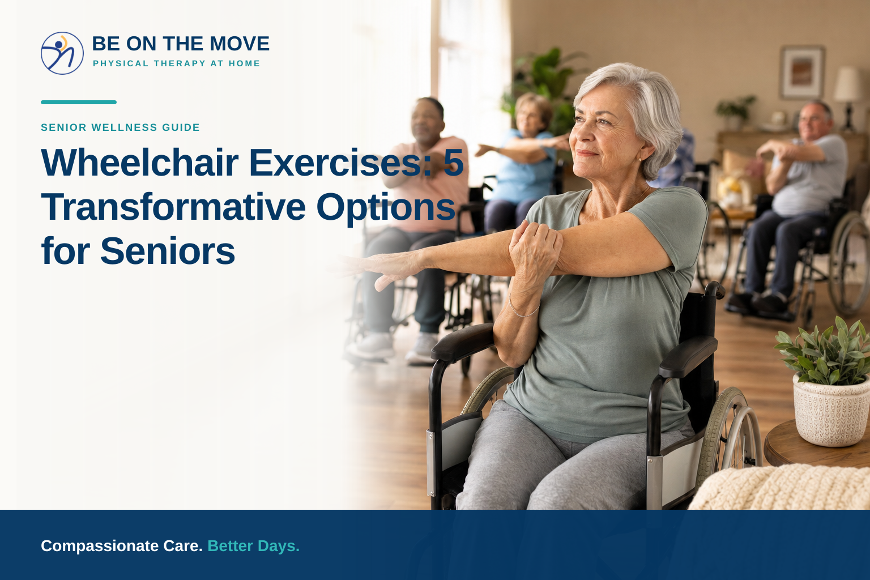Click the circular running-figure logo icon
pyautogui.click(x=62, y=53)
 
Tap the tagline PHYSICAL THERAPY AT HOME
pyautogui.click(x=176, y=63)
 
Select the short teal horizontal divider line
pyautogui.click(x=79, y=102)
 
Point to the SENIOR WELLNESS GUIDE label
pyautogui.click(x=121, y=127)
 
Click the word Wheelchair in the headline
pyautogui.click(x=140, y=163)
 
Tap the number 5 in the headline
pyautogui.click(x=453, y=163)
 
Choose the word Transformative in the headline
pyautogui.click(x=174, y=207)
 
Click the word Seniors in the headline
pyautogui.click(x=168, y=251)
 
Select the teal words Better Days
pyautogui.click(x=254, y=546)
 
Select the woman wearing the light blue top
pyautogui.click(x=522, y=163)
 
